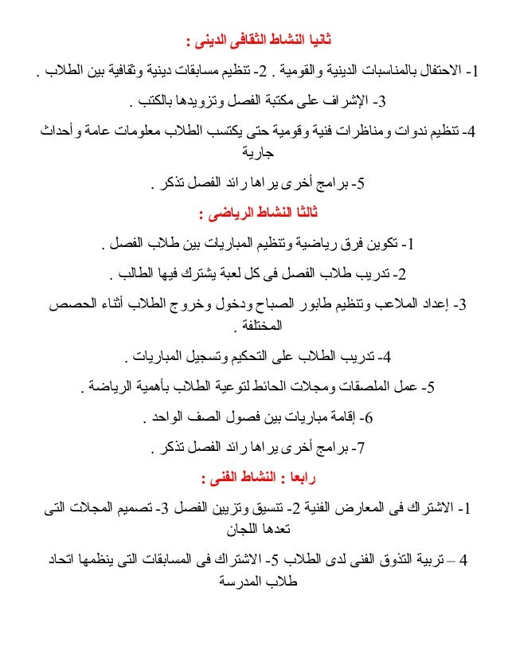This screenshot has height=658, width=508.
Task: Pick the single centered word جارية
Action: (x=254, y=155)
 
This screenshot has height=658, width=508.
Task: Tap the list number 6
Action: (x=367, y=417)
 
